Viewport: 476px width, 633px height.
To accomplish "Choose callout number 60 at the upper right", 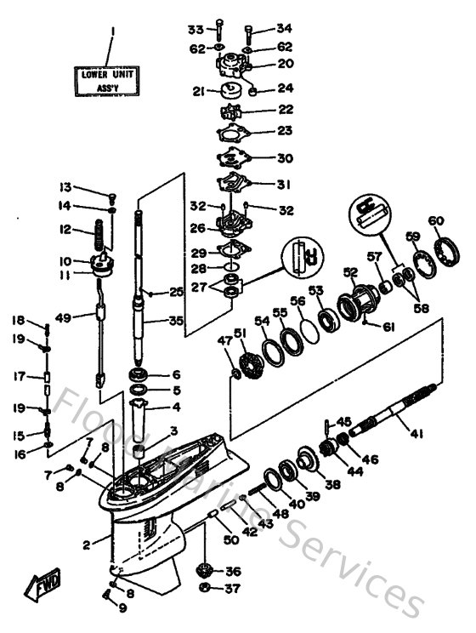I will pyautogui.click(x=436, y=221).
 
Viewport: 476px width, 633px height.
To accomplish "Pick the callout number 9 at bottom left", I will pyautogui.click(x=122, y=607).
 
